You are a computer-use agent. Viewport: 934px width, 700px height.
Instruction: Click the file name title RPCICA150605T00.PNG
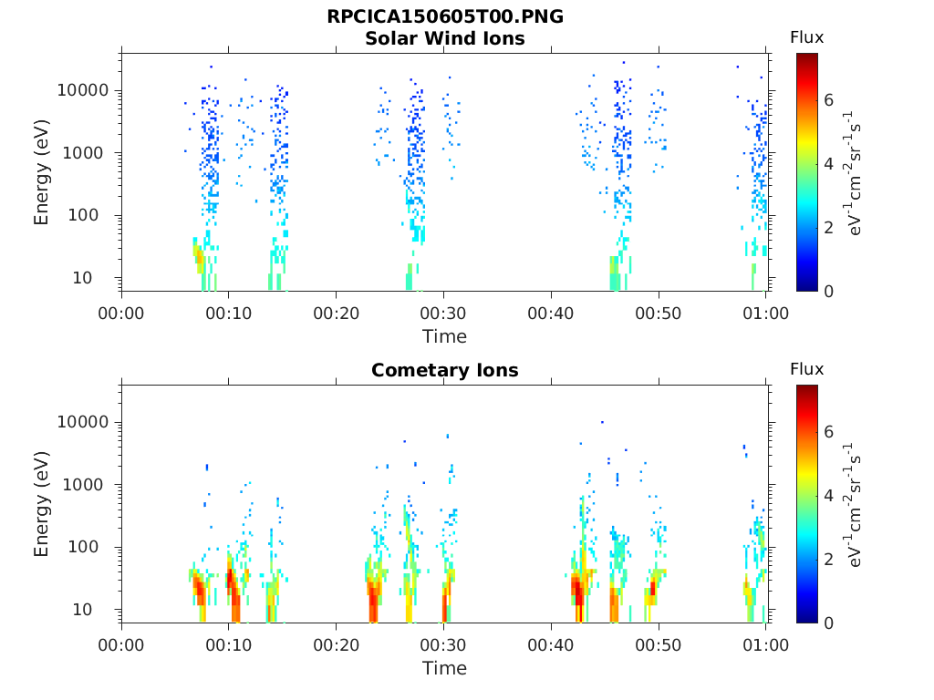pyautogui.click(x=444, y=17)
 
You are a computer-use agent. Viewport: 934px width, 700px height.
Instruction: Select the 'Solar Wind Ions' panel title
pyautogui.click(x=444, y=39)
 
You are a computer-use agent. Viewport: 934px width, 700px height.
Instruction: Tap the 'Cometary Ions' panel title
pyautogui.click(x=444, y=371)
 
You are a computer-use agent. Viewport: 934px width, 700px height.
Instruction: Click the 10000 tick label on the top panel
pyautogui.click(x=84, y=91)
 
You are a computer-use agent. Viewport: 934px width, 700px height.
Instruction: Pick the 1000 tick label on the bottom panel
pyautogui.click(x=89, y=485)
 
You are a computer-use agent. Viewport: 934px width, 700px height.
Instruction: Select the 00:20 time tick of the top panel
pyautogui.click(x=337, y=314)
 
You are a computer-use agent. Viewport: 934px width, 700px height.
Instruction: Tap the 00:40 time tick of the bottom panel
pyautogui.click(x=551, y=645)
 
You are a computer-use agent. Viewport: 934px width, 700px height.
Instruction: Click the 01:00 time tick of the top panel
pyautogui.click(x=765, y=314)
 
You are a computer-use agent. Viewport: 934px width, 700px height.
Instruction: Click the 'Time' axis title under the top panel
pyautogui.click(x=444, y=336)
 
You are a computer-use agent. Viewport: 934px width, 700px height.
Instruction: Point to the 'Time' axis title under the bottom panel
pyautogui.click(x=444, y=668)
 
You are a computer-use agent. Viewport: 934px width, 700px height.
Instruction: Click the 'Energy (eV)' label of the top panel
pyautogui.click(x=42, y=172)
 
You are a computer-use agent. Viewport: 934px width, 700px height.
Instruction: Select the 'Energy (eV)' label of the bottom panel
pyautogui.click(x=42, y=504)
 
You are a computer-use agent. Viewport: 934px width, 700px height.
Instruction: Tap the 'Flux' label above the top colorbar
pyautogui.click(x=806, y=38)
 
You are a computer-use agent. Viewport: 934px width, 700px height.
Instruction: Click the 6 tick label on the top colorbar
pyautogui.click(x=828, y=99)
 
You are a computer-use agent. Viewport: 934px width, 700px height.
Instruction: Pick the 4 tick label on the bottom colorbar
pyautogui.click(x=828, y=496)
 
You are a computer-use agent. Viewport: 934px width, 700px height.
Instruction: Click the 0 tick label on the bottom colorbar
pyautogui.click(x=828, y=623)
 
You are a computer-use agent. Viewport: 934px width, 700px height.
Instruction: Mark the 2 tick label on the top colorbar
pyautogui.click(x=828, y=227)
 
